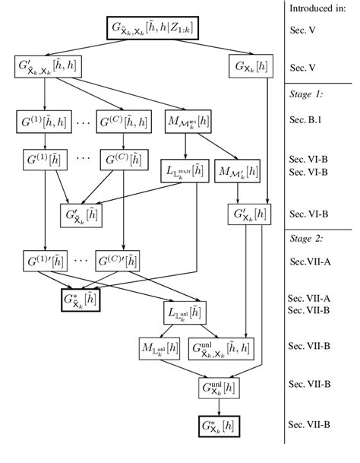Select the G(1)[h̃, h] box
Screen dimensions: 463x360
(x=39, y=120)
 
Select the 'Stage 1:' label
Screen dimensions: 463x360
(x=306, y=95)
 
